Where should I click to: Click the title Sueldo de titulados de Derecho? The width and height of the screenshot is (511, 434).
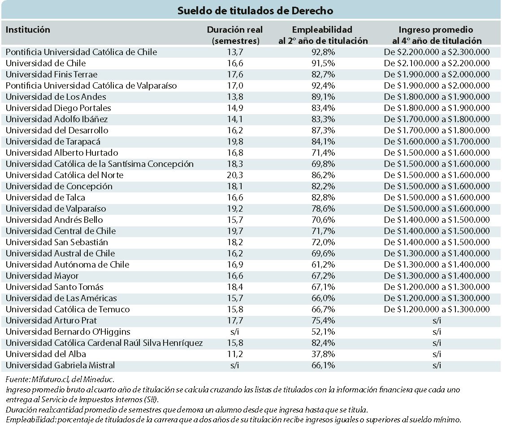pyautogui.click(x=255, y=11)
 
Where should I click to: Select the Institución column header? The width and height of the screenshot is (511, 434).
pyautogui.click(x=28, y=30)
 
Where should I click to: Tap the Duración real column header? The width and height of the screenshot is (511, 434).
pyautogui.click(x=235, y=35)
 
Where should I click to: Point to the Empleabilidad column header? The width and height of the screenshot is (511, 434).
pyautogui.click(x=323, y=35)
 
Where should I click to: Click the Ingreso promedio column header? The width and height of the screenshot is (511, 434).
pyautogui.click(x=437, y=35)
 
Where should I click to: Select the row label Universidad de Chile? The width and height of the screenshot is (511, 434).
pyautogui.click(x=46, y=63)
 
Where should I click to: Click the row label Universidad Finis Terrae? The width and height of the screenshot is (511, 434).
pyautogui.click(x=52, y=75)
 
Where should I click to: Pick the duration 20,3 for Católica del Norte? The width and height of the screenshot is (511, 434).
pyautogui.click(x=235, y=175)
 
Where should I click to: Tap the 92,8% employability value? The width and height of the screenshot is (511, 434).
pyautogui.click(x=323, y=52)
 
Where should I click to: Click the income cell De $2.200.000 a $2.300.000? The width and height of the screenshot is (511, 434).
pyautogui.click(x=437, y=52)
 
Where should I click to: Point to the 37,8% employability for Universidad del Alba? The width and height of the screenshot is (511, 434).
pyautogui.click(x=323, y=354)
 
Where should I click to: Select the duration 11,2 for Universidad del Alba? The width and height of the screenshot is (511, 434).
pyautogui.click(x=235, y=354)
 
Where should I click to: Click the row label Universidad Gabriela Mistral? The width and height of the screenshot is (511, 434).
pyautogui.click(x=61, y=366)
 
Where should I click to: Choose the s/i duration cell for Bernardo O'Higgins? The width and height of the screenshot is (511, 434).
pyautogui.click(x=234, y=332)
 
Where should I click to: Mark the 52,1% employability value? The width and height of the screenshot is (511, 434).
pyautogui.click(x=323, y=332)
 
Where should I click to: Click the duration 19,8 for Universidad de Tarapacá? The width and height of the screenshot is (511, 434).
pyautogui.click(x=235, y=141)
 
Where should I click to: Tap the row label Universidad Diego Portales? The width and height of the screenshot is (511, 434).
pyautogui.click(x=58, y=108)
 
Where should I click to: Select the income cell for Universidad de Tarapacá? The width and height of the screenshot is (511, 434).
pyautogui.click(x=437, y=141)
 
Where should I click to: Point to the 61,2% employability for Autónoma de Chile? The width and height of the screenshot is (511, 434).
pyautogui.click(x=323, y=264)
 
